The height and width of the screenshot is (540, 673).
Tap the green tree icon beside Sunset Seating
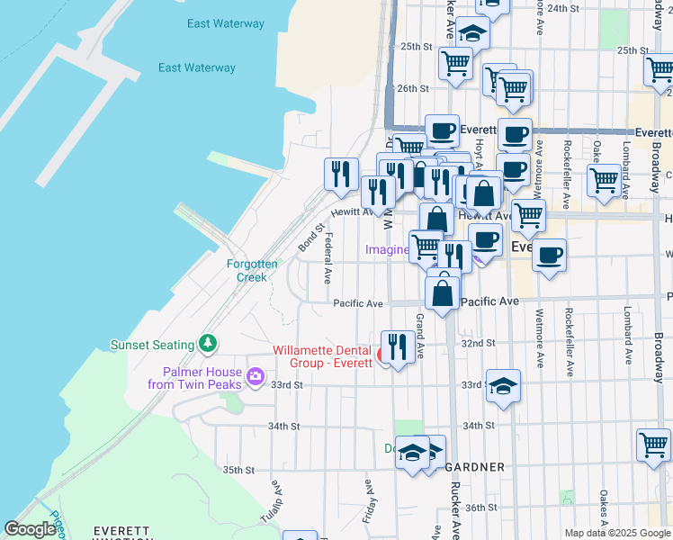point(209,343)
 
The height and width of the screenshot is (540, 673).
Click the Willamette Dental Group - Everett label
point(323,356)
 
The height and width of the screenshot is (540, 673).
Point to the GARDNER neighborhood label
point(474,467)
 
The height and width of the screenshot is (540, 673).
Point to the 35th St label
point(240,470)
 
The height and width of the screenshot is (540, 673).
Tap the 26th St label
point(412,88)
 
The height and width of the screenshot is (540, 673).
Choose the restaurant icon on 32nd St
point(398,345)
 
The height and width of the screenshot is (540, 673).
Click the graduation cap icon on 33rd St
point(504,385)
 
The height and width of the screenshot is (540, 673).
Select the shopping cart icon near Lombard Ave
point(603,180)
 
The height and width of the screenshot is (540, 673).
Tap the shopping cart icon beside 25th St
point(456,63)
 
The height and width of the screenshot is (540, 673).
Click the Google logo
point(30,529)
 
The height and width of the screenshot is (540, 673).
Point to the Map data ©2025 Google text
point(616,533)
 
